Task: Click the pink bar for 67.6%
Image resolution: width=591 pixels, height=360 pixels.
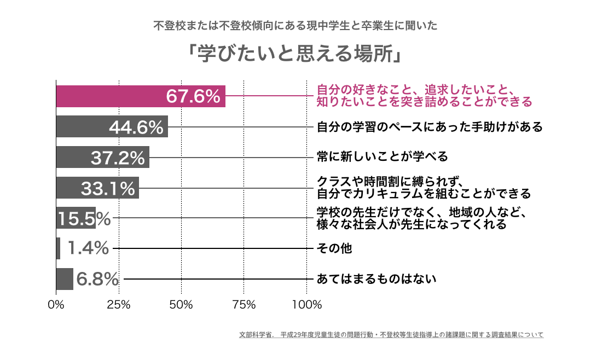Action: [x=140, y=96]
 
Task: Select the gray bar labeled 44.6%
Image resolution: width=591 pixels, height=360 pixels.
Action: [x=112, y=127]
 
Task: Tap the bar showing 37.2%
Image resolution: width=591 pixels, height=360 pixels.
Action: [x=102, y=157]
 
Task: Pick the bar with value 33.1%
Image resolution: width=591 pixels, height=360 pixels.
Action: [x=97, y=188]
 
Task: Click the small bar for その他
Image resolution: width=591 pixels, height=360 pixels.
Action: [x=58, y=248]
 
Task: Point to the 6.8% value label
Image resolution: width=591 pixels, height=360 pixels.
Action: [x=97, y=279]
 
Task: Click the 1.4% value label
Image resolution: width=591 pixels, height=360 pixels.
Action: [x=88, y=248]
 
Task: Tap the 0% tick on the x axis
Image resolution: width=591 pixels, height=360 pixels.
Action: [x=56, y=305]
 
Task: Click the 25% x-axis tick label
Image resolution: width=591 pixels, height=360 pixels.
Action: [x=119, y=305]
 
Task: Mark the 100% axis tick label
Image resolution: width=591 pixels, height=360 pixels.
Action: [x=306, y=305]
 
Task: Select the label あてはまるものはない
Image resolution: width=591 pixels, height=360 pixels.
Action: [x=377, y=279]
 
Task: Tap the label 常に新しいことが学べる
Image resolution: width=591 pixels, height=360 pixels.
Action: [x=383, y=157]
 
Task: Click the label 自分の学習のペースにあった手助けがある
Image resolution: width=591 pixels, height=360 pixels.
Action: [x=430, y=127]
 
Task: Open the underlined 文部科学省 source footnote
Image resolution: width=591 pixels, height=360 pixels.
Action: [x=391, y=334]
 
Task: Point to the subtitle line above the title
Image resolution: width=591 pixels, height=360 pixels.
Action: [x=296, y=26]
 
